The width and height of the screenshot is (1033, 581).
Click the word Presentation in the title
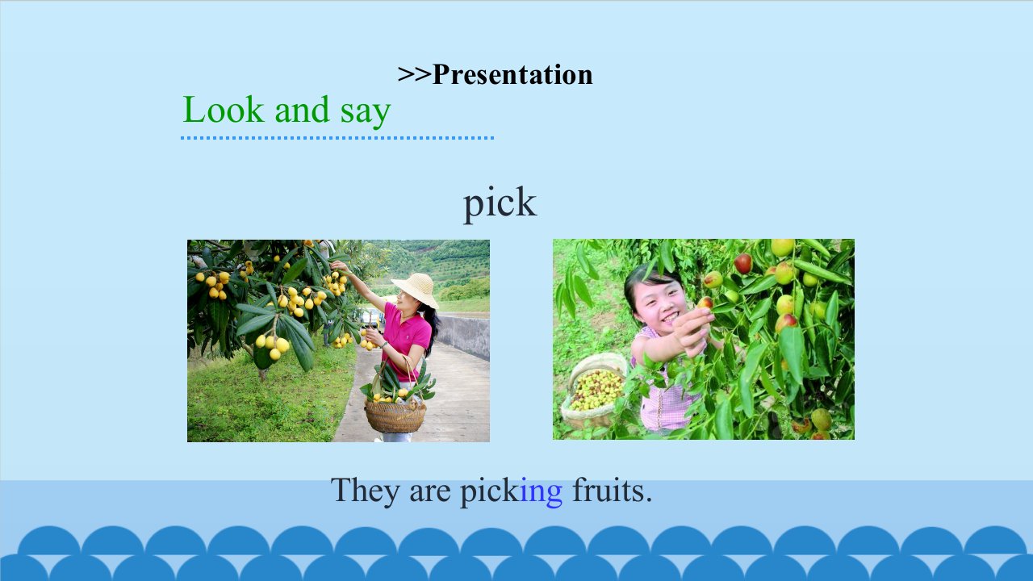click(512, 74)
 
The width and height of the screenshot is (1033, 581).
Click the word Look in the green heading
click(224, 110)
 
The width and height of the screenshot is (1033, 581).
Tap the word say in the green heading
click(366, 113)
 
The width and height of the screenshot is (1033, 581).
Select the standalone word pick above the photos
click(500, 204)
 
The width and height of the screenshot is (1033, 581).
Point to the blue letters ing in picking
click(542, 492)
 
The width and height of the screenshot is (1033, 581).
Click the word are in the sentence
click(430, 493)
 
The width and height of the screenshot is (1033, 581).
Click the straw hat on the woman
click(415, 289)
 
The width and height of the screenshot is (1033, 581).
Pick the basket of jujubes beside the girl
click(593, 392)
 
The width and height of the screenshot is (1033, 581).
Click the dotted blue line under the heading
click(337, 138)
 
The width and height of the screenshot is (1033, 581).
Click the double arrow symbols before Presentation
click(414, 74)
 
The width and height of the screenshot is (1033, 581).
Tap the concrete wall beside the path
click(462, 336)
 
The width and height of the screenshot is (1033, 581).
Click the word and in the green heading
click(302, 110)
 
